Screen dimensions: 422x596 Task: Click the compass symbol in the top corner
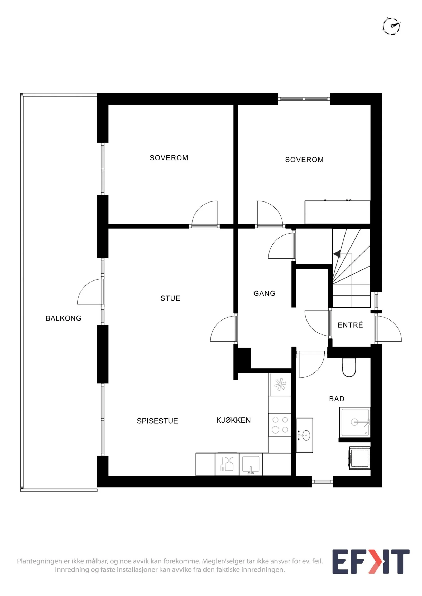[391, 26]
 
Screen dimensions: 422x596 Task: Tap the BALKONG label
[63, 318]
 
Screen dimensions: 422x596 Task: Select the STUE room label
[170, 298]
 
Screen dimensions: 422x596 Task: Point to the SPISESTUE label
[157, 421]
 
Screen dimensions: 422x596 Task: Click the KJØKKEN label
[233, 420]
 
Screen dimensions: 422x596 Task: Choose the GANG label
[264, 293]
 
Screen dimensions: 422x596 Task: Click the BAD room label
[337, 399]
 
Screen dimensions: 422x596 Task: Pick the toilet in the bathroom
[349, 367]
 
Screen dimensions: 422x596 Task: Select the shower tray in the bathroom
[355, 422]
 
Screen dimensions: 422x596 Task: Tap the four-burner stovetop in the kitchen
[280, 425]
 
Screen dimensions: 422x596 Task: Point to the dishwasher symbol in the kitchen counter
[227, 465]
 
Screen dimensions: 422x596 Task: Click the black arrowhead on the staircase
[337, 254]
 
